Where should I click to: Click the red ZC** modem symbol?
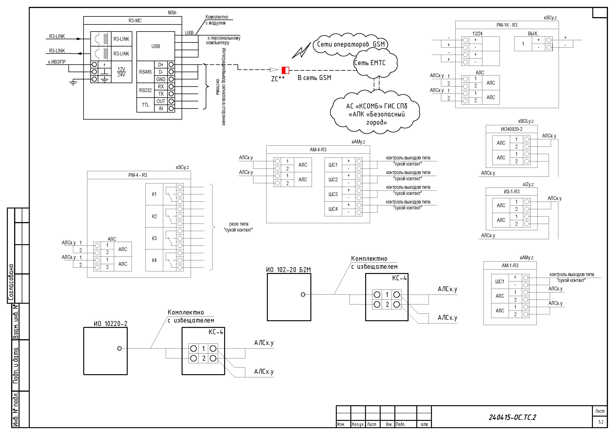[x=285, y=70]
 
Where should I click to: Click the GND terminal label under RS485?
[x=161, y=79]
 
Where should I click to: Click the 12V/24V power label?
[x=121, y=72]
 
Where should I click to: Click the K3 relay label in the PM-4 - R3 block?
[x=154, y=238]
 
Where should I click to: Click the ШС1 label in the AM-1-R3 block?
[x=500, y=281]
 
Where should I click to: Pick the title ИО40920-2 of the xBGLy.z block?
[x=512, y=129]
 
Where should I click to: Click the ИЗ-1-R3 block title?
[x=512, y=192]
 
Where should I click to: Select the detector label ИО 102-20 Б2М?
[x=288, y=270]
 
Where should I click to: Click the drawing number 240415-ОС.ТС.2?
[x=512, y=417]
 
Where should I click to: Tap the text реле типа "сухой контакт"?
[x=238, y=227]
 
